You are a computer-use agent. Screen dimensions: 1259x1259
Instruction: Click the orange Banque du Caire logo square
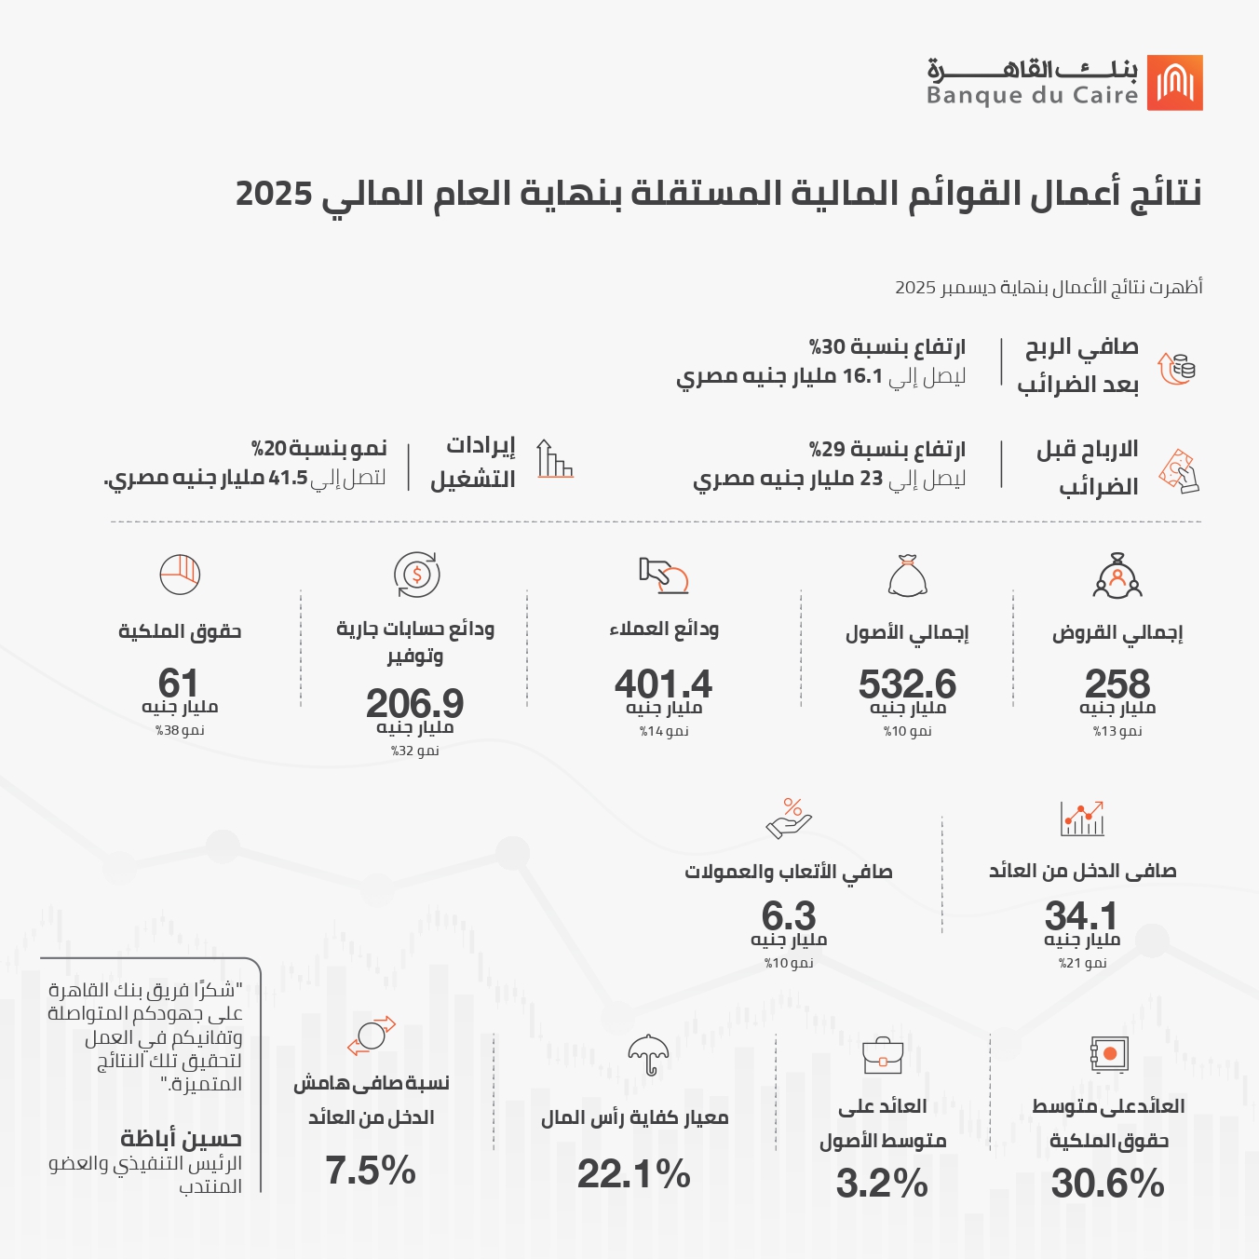point(1174,83)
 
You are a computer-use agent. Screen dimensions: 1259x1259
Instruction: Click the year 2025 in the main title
point(274,194)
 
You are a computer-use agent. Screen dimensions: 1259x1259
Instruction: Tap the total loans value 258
point(1117,684)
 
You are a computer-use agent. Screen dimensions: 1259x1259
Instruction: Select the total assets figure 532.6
point(907,684)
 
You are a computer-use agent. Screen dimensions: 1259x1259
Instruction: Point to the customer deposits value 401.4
point(663,684)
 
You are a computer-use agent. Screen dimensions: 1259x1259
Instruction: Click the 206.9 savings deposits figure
point(414,703)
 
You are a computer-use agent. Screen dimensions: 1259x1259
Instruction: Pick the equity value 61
point(179,683)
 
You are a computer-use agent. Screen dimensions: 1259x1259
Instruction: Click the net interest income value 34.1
point(1081,915)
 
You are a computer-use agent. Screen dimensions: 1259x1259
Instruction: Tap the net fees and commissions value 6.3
point(789,915)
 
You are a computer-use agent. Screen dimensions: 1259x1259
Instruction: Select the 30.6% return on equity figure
point(1108,1184)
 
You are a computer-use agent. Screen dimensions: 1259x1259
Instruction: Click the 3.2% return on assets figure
point(882,1184)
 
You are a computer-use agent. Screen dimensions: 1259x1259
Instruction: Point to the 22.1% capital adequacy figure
point(634,1173)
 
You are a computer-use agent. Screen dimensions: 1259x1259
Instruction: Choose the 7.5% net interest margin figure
point(371,1171)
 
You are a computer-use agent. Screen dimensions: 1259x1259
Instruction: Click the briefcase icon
point(883,1056)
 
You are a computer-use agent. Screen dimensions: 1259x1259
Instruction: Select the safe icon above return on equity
point(1109,1054)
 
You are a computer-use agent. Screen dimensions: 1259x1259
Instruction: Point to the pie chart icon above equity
point(180,574)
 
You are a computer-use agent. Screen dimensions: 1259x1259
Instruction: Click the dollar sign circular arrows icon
point(416,575)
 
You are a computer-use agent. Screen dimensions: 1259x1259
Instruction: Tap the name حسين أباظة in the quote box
point(181,1138)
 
